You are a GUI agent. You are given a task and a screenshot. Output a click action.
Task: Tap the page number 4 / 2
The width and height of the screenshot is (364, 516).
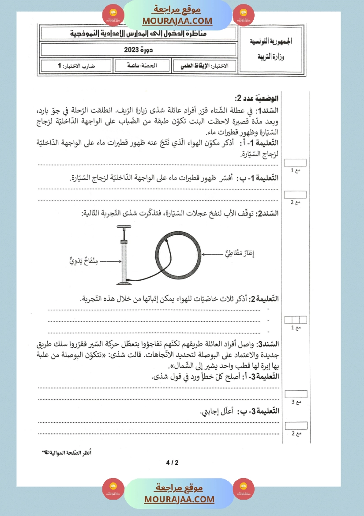point(172,463)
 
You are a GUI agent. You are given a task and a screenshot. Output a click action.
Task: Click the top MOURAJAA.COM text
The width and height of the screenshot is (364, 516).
point(177,21)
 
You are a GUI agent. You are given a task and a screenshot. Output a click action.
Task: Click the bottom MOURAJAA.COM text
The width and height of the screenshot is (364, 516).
point(179,499)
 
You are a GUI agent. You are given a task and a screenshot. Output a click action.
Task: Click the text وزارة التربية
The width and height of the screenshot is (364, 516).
point(273,57)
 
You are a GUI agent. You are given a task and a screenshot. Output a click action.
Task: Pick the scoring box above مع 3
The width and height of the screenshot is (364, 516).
point(296,394)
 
